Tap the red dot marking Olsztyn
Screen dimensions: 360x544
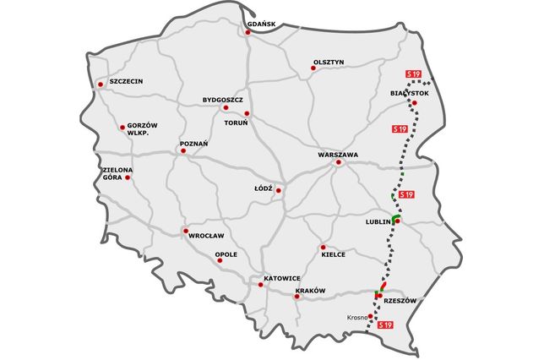pyautogui.click(x=313, y=68)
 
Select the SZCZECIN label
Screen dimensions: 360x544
pyautogui.click(x=124, y=82)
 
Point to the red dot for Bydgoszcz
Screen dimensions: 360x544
pyautogui.click(x=225, y=108)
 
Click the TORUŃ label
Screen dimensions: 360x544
pyautogui.click(x=236, y=123)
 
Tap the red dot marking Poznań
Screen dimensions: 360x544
pyautogui.click(x=182, y=152)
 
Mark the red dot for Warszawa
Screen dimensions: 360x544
pyautogui.click(x=338, y=163)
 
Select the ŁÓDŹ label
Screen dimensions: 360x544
pyautogui.click(x=264, y=188)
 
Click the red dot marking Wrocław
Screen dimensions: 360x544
pyautogui.click(x=186, y=231)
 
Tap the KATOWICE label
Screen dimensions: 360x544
pyautogui.click(x=282, y=278)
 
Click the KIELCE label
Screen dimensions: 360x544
pyautogui.click(x=333, y=254)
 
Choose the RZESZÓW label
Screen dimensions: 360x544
pyautogui.click(x=400, y=300)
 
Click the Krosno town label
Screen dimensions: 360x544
pyautogui.click(x=358, y=318)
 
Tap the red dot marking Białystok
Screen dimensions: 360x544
pyautogui.click(x=414, y=104)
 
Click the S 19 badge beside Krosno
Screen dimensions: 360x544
pyautogui.click(x=385, y=325)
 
